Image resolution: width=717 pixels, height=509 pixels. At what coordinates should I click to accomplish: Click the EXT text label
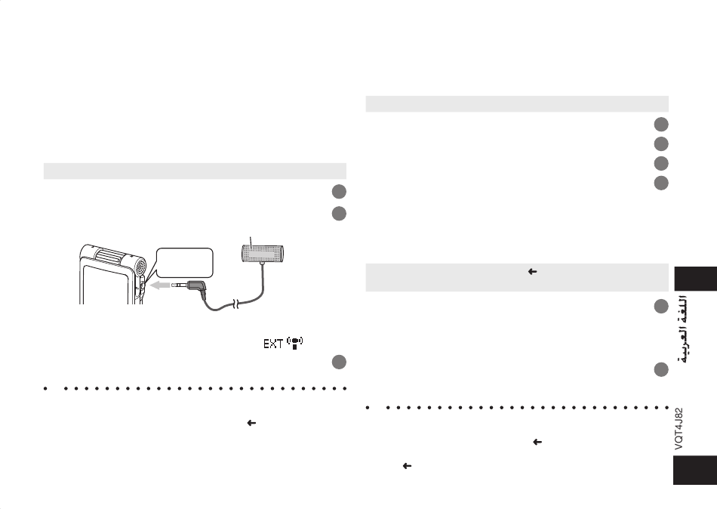pyautogui.click(x=273, y=344)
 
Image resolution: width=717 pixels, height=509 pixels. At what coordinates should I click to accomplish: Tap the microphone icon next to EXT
pyautogui.click(x=295, y=344)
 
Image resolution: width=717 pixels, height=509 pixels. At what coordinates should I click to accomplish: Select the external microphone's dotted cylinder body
pyautogui.click(x=262, y=254)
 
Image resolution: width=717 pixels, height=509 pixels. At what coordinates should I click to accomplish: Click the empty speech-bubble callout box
pyautogui.click(x=184, y=263)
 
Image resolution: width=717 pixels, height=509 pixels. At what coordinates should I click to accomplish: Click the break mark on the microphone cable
pyautogui.click(x=236, y=304)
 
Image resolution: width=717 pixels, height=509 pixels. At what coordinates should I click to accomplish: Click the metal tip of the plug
pyautogui.click(x=179, y=285)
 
